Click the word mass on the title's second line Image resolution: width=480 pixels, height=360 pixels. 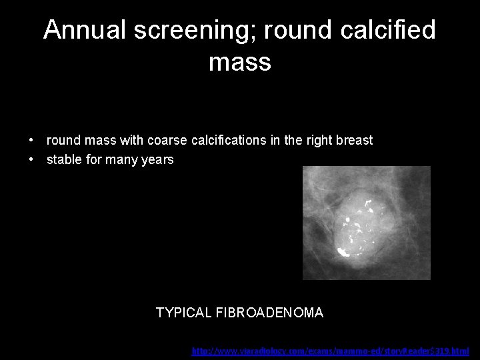[239, 62]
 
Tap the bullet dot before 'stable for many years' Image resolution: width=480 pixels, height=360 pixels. [32, 160]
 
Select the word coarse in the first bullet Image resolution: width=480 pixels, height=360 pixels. [169, 141]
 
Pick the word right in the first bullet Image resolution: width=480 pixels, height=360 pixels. [319, 141]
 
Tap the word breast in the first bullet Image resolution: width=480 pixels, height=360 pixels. [354, 141]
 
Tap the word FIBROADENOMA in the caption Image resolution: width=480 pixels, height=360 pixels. [270, 313]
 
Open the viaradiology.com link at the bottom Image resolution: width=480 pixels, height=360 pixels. [330, 351]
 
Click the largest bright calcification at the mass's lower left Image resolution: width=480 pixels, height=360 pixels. [344, 252]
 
